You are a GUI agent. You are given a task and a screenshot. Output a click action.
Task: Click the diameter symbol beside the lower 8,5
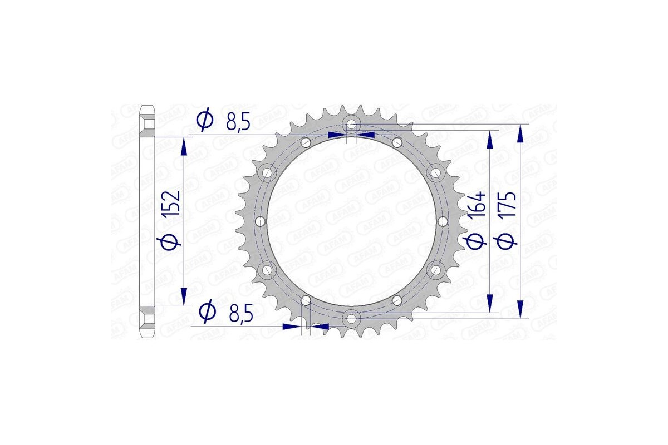207,311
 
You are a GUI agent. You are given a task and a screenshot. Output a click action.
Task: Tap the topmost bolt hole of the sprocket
351,124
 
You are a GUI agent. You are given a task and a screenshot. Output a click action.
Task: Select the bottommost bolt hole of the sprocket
351,319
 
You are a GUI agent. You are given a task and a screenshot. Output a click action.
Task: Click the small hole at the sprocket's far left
259,221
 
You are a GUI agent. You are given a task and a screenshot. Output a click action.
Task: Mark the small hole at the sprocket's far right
443,221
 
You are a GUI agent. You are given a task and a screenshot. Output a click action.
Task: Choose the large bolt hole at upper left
269,172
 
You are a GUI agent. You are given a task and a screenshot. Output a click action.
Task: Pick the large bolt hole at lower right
434,270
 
